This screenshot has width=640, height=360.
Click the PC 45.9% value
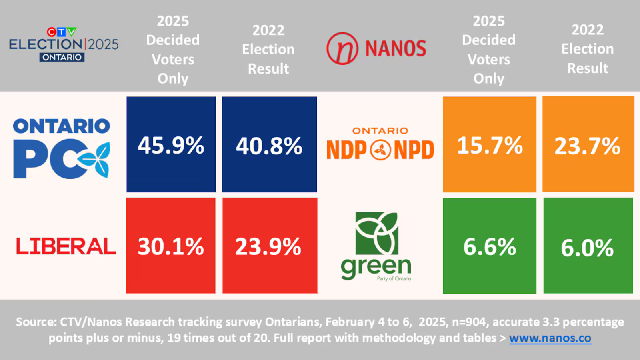pyautogui.click(x=171, y=145)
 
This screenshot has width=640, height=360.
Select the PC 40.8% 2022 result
pyautogui.click(x=269, y=146)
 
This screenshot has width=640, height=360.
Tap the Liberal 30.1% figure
pyautogui.click(x=171, y=246)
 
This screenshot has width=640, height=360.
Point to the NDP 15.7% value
pyautogui.click(x=490, y=145)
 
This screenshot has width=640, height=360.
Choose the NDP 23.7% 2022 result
pyautogui.click(x=587, y=146)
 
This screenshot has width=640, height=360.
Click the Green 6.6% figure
pyautogui.click(x=490, y=247)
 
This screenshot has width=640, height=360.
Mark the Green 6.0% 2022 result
pyautogui.click(x=587, y=248)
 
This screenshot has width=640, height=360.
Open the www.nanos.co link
pyautogui.click(x=550, y=338)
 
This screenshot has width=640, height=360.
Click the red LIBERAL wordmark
pyautogui.click(x=66, y=246)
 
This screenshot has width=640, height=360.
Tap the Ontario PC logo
pyautogui.click(x=61, y=148)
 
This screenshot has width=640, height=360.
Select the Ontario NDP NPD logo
pyautogui.click(x=380, y=144)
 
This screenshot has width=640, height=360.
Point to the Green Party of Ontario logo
pyautogui.click(x=376, y=246)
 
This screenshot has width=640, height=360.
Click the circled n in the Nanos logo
pyautogui.click(x=342, y=48)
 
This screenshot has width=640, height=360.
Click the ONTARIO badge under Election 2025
pyautogui.click(x=62, y=57)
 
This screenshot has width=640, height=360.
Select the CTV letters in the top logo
pyautogui.click(x=61, y=32)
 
